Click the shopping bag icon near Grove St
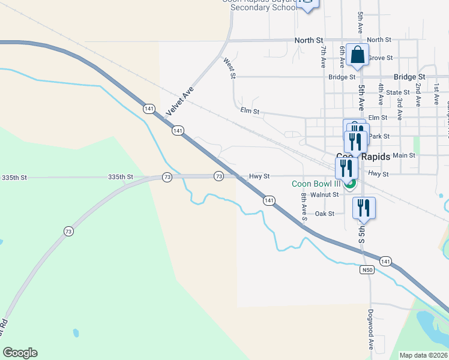pos(357,55)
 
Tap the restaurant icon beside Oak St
pos(364,208)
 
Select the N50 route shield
pos(367,270)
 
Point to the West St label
pos(229,68)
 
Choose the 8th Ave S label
pos(304,206)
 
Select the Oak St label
pos(325,213)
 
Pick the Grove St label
pos(380,58)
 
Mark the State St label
pos(397,92)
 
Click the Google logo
pos(20,353)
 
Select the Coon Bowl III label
pos(316,184)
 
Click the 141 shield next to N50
pos(385,260)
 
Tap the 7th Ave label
pos(323,55)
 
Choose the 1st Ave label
pos(436,87)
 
